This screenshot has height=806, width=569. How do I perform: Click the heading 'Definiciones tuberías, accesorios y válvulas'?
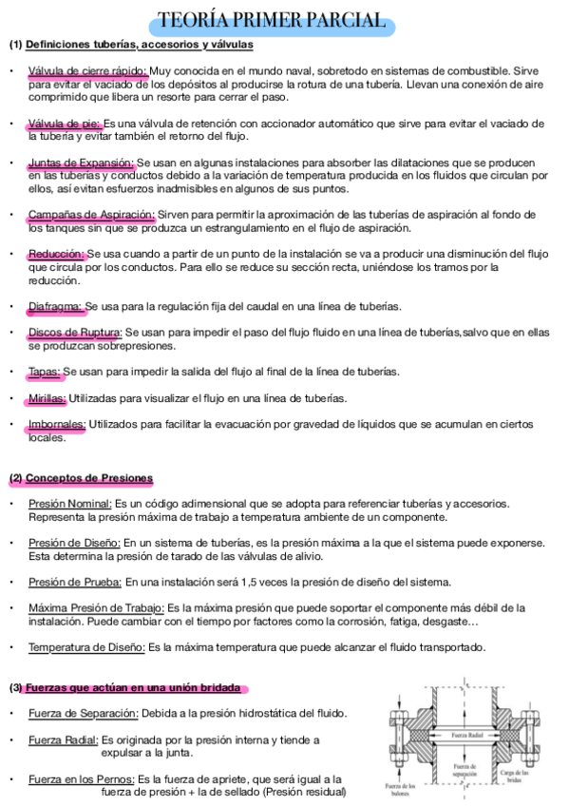tap(139, 45)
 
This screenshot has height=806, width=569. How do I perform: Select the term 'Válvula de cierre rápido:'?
tap(87, 70)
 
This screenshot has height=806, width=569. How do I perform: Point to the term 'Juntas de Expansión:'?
tap(82, 163)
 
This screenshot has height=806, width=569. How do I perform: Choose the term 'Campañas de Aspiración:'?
tap(91, 215)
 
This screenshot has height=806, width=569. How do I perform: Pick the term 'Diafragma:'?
tap(56, 306)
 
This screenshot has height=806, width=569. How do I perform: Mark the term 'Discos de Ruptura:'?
tap(75, 332)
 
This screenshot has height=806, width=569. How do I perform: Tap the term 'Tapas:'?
tap(45, 371)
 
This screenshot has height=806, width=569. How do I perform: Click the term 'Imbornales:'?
tap(57, 424)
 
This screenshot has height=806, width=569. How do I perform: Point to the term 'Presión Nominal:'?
tap(70, 503)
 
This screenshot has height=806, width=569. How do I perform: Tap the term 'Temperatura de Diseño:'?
tap(86, 647)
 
